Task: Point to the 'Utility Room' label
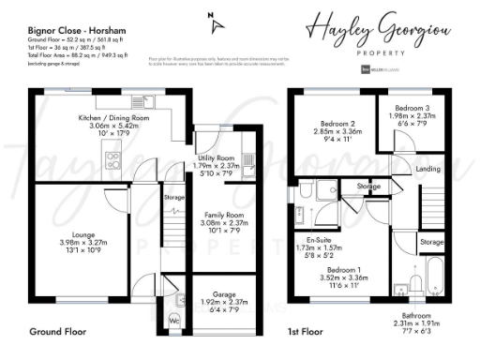tap(217, 158)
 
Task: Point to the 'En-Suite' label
tap(320, 242)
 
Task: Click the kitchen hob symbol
tap(114, 159)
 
